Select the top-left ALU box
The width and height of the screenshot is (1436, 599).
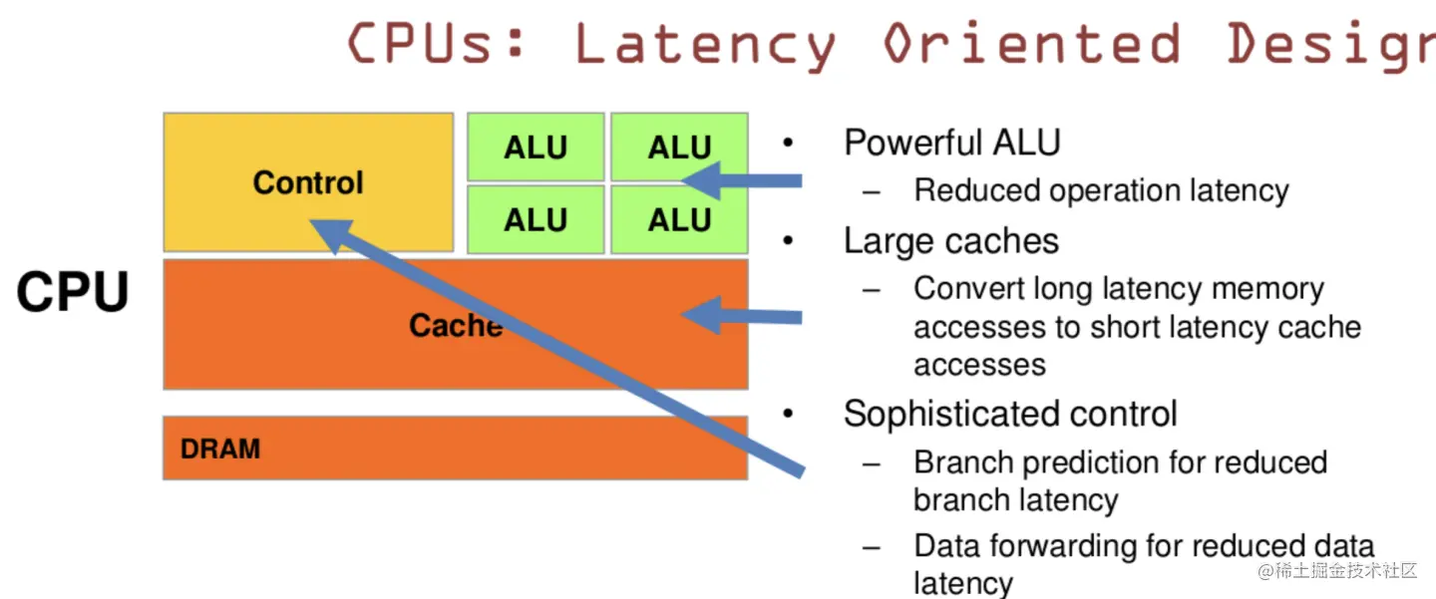536,148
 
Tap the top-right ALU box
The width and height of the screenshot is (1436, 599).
679,148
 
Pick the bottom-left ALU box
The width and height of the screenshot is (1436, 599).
536,219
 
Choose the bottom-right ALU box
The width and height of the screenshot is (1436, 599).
679,219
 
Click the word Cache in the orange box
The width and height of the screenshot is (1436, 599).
455,325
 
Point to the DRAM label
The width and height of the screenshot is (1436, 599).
220,449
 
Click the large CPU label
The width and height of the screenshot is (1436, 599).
73,292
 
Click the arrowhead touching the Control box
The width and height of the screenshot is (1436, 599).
329,233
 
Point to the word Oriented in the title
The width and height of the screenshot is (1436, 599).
1032,45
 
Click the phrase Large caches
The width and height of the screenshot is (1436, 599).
951,240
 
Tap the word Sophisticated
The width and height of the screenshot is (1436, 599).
959,414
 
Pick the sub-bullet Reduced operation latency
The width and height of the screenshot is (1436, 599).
1101,190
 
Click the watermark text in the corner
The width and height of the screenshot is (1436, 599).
1336,571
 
